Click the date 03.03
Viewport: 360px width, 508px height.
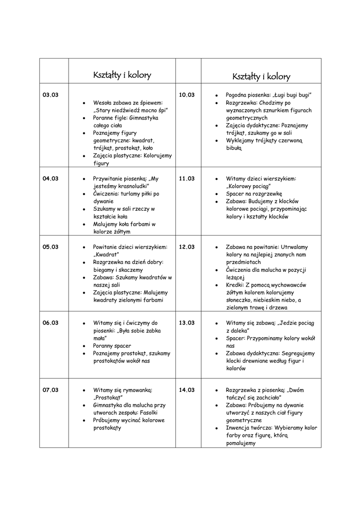(51, 95)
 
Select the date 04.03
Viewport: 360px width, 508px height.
(51, 179)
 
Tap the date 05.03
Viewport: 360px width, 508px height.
(51, 247)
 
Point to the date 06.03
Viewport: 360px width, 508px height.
(51, 322)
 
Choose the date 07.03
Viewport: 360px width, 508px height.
(51, 390)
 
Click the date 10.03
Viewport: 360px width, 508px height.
(187, 95)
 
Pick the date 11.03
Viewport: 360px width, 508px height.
(187, 179)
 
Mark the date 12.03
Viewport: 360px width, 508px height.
(187, 247)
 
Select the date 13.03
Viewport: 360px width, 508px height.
(187, 322)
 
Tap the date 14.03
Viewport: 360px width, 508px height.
(187, 390)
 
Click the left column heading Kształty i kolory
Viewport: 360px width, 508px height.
(122, 75)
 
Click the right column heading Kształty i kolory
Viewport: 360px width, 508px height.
(261, 77)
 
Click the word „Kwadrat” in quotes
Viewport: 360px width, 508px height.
(107, 254)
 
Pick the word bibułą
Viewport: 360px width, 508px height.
(234, 148)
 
